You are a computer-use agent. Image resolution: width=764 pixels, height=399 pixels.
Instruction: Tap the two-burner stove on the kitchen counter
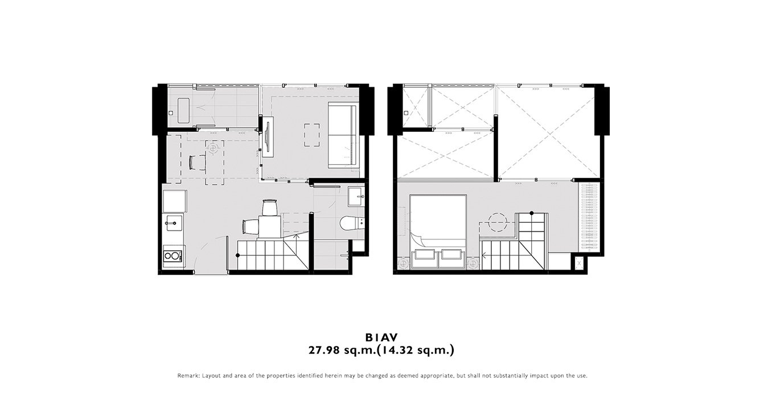[172, 255]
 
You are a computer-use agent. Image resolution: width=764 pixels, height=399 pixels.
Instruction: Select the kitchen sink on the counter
[174, 223]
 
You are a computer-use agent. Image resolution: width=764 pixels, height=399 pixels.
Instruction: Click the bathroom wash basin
[356, 197]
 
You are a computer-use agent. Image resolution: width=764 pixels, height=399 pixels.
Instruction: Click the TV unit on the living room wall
[268, 137]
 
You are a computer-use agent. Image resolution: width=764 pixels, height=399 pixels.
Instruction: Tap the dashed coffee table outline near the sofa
[312, 135]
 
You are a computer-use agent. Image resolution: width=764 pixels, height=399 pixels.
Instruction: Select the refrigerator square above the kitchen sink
[175, 201]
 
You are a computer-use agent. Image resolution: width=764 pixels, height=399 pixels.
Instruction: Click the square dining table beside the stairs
[269, 226]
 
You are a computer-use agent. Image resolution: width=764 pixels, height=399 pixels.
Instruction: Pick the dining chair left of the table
[250, 227]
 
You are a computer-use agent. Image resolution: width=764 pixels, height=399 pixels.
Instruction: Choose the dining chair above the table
[269, 207]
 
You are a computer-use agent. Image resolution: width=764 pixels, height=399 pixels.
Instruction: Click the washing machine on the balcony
[183, 111]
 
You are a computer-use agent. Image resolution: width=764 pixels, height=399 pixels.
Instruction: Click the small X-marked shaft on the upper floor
[579, 263]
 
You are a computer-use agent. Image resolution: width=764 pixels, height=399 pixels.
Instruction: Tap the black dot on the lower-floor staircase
[238, 255]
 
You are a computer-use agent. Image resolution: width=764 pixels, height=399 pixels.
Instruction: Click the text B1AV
[381, 337]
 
